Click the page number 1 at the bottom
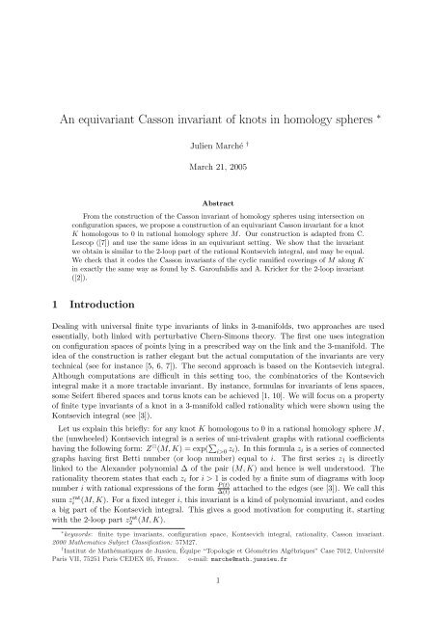click(218, 605)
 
